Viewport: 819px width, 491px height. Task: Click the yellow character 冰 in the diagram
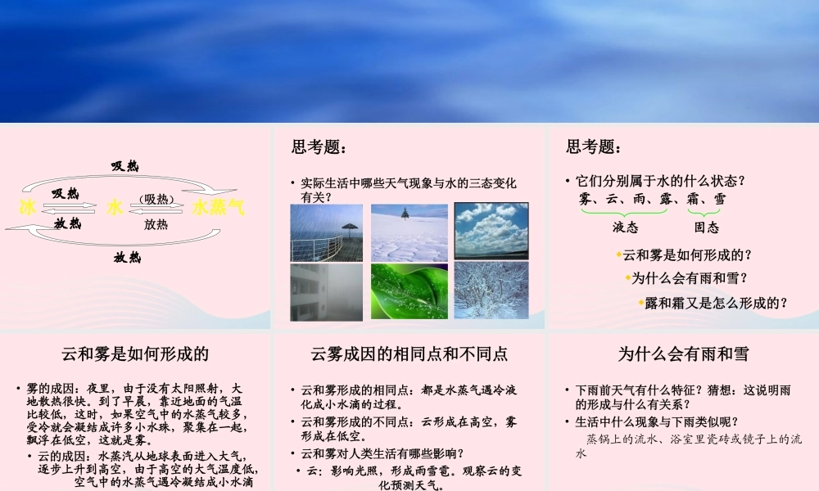pos(27,208)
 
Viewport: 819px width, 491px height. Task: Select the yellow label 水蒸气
pos(219,208)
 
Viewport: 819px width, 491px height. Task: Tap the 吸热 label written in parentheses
pos(156,199)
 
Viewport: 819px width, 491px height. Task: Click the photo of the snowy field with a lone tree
pos(409,232)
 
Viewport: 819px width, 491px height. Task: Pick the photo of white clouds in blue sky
pos(491,232)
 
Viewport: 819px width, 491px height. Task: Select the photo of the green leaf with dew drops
pos(409,291)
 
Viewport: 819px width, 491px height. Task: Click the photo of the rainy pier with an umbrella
pos(326,232)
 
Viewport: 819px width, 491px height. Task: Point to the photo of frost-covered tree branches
pos(491,291)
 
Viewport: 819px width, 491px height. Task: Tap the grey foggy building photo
pos(326,291)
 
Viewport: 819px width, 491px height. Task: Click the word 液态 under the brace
pos(626,227)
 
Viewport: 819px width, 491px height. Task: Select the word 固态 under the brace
pos(706,227)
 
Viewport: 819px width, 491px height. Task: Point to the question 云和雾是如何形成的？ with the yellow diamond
pos(687,255)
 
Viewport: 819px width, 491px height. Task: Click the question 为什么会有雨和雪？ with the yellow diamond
pos(690,278)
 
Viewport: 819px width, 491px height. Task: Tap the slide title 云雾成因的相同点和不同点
pos(409,354)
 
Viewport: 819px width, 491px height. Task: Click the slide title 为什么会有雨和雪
pos(683,354)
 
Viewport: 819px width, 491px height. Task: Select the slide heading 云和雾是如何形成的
pos(135,354)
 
